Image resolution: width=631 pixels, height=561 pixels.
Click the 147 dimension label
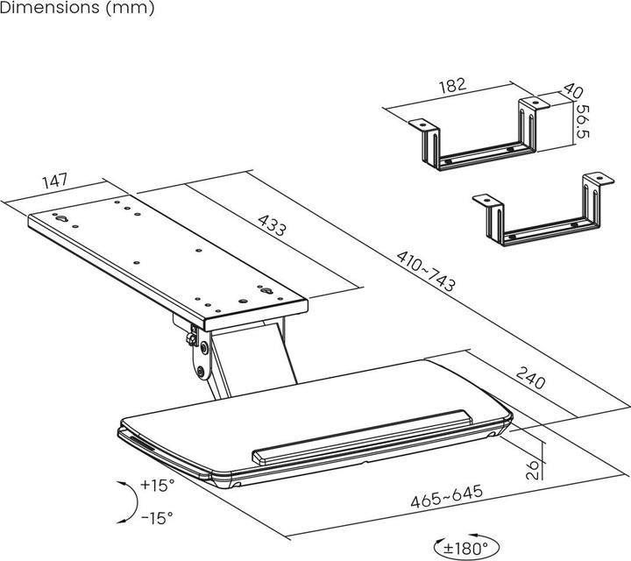(x=55, y=181)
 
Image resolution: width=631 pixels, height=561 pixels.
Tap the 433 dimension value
(x=272, y=225)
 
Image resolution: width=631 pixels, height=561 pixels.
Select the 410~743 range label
(x=426, y=271)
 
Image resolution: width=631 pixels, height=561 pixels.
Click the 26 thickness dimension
(x=533, y=469)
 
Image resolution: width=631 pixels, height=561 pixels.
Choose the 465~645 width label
(x=446, y=496)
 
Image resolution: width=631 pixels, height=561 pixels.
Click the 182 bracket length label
(x=452, y=85)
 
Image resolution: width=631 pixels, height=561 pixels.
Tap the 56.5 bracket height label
(x=582, y=122)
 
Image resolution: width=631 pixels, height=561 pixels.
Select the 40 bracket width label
(x=572, y=90)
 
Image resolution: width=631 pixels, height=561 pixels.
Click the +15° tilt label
(x=158, y=485)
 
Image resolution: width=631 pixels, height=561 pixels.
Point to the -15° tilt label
(x=158, y=517)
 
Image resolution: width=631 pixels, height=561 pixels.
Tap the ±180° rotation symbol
(x=466, y=547)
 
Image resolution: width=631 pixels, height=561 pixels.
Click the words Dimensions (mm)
(x=77, y=8)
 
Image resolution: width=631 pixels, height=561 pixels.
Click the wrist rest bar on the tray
(x=362, y=438)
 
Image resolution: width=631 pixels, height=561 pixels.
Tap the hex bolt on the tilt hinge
(x=192, y=339)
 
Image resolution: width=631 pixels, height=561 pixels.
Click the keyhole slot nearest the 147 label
(x=61, y=218)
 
